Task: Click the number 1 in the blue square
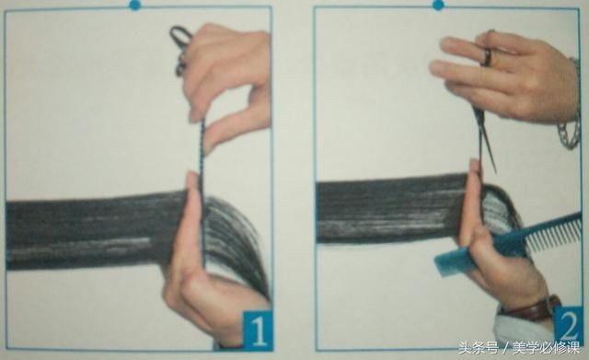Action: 259,330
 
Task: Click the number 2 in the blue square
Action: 570,326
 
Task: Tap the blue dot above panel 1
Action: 135,5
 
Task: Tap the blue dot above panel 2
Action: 438,5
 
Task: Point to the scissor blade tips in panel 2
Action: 494,168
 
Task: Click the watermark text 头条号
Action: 479,348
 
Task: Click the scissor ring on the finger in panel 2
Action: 487,56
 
